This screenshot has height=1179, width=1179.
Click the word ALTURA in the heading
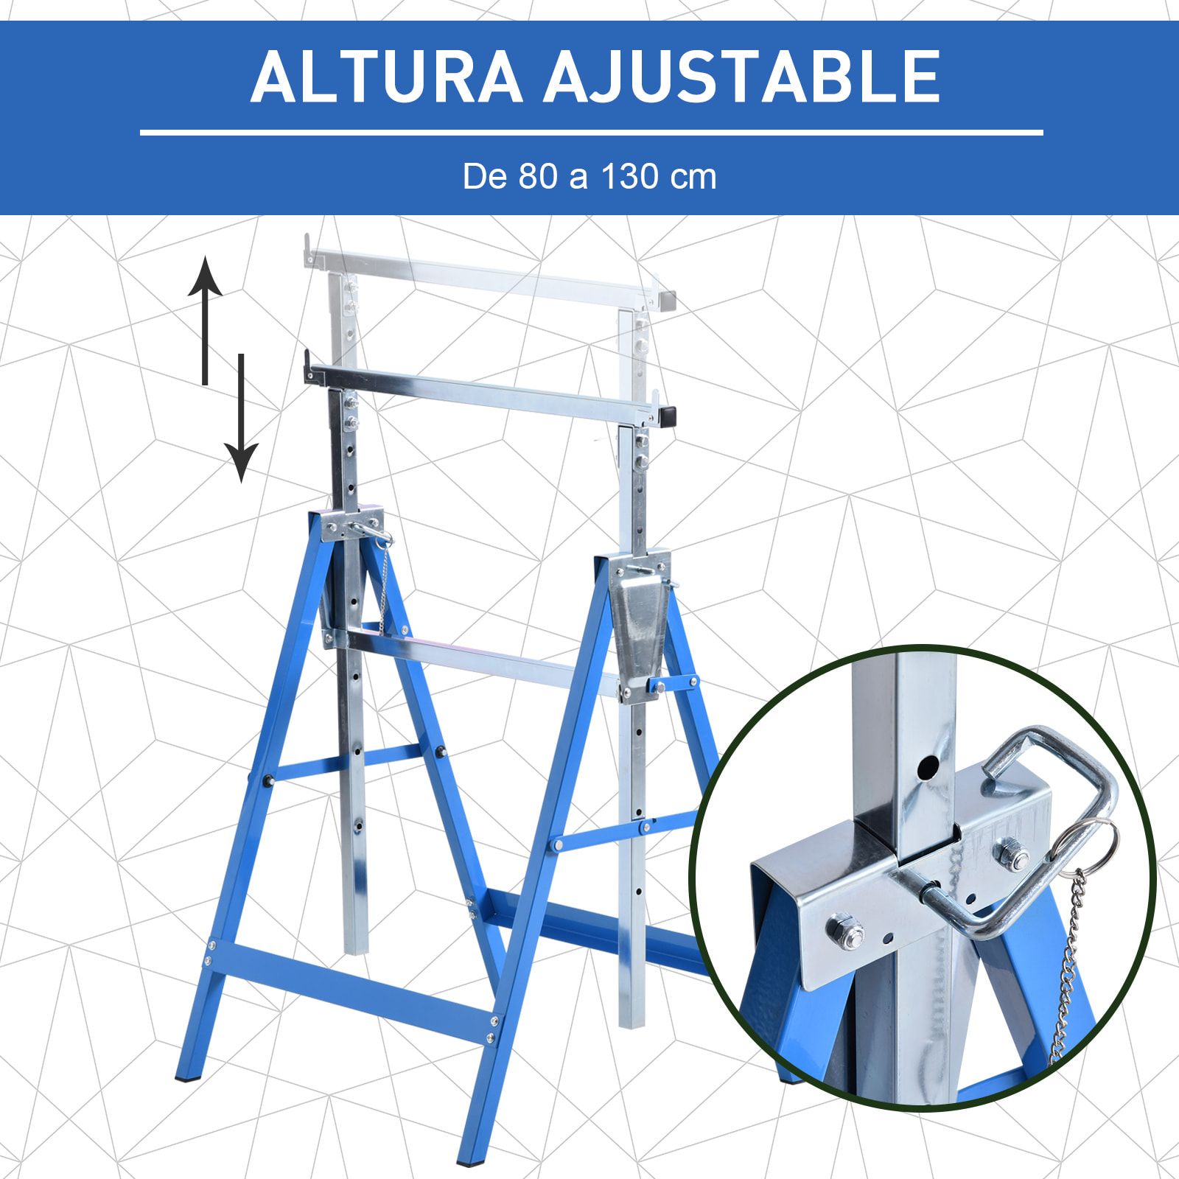(387, 77)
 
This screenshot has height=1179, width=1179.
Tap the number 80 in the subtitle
(537, 177)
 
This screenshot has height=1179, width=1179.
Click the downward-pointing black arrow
(241, 420)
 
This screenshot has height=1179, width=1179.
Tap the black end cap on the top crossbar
(668, 416)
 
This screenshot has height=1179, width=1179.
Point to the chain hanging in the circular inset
(1068, 973)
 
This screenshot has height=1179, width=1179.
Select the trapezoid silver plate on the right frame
(640, 626)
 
